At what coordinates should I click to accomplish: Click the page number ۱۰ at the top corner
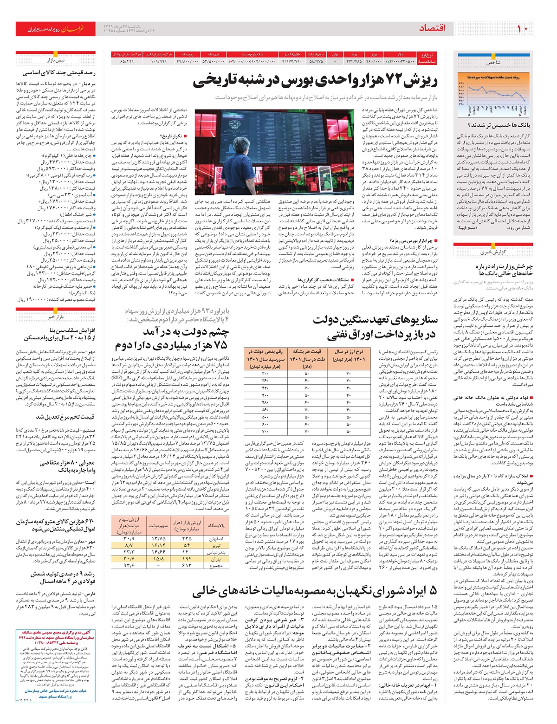(523, 29)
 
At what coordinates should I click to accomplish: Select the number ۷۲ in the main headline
(394, 80)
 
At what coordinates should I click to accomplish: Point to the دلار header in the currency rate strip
(400, 55)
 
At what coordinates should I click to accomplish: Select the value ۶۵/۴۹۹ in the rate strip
(126, 61)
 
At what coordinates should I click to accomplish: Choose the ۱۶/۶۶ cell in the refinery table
(158, 552)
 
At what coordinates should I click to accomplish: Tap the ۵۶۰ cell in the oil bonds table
(265, 409)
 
